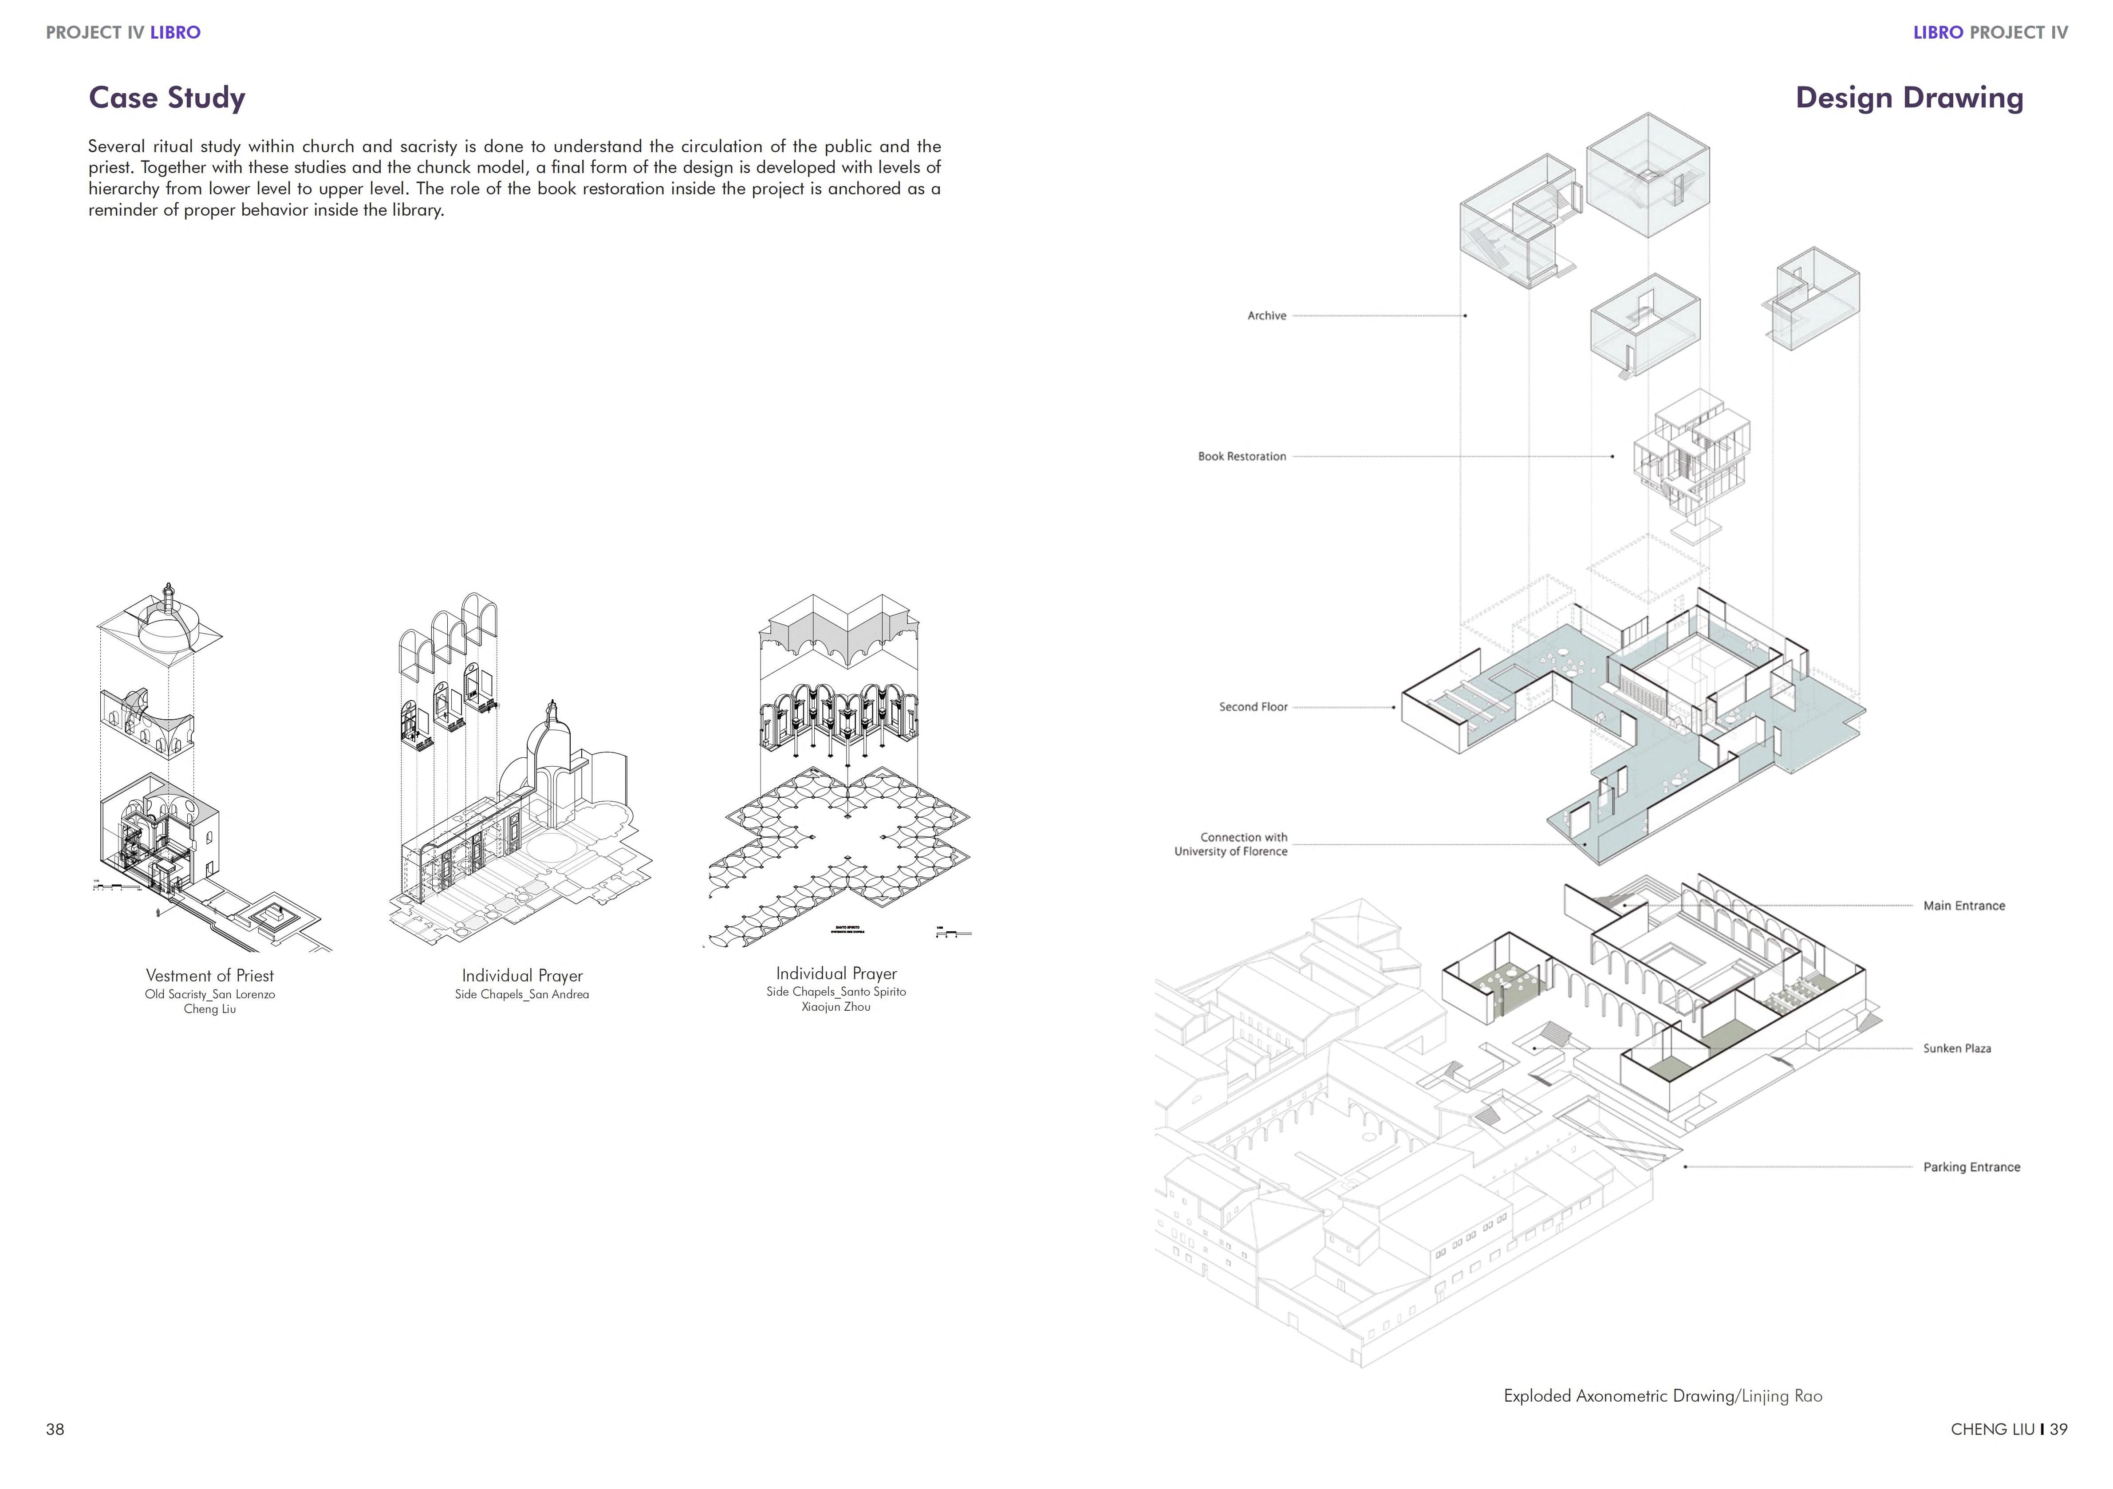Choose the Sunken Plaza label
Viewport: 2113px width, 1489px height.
[x=1956, y=1048]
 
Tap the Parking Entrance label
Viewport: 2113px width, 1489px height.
[x=1971, y=1167]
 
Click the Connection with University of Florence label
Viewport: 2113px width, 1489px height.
[x=1231, y=844]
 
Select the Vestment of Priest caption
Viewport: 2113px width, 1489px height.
[x=210, y=976]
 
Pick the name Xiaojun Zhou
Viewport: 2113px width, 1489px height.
[x=836, y=1007]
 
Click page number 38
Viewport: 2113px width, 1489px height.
[x=55, y=1429]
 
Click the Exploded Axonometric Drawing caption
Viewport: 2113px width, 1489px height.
[x=1662, y=1396]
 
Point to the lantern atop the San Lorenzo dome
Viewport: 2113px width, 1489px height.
[x=169, y=594]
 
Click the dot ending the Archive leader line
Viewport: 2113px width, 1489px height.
[x=1465, y=315]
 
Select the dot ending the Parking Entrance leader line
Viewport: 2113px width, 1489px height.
[x=1685, y=1167]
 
